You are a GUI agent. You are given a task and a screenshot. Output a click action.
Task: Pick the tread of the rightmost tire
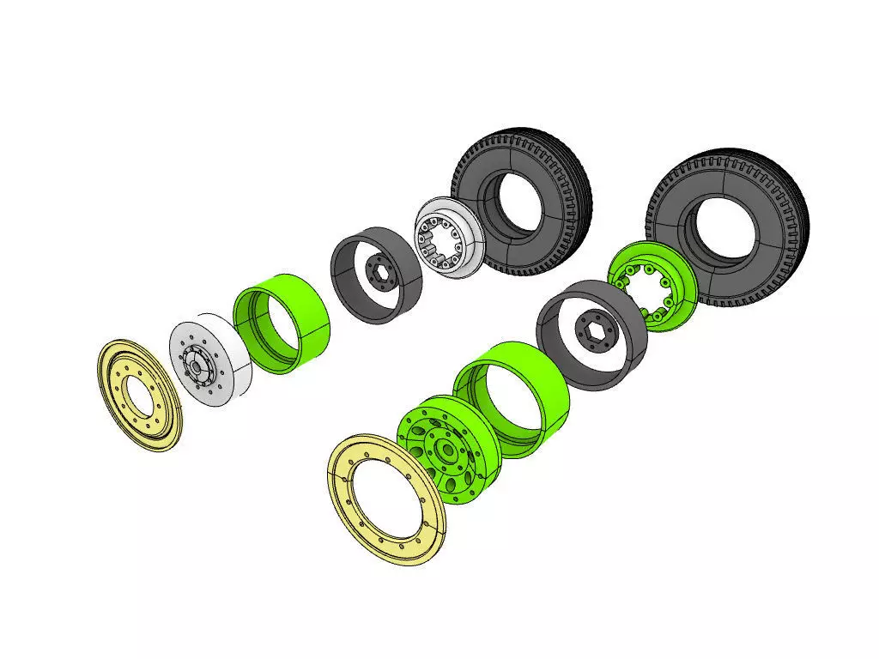pyautogui.click(x=794, y=215)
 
